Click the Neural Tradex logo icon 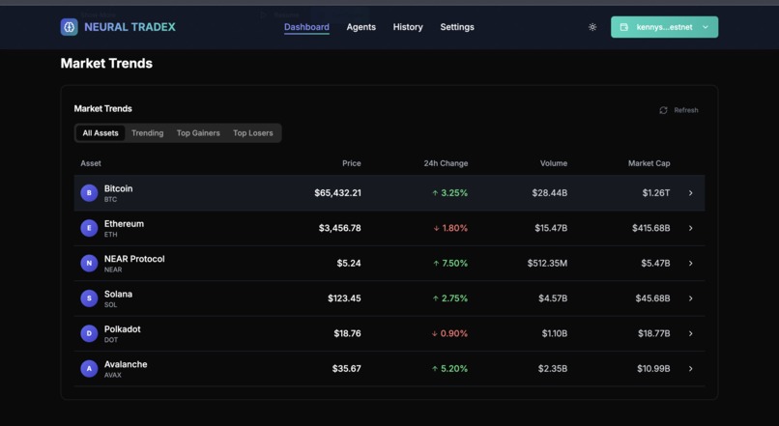[69, 27]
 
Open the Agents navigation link [361, 27]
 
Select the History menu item [408, 27]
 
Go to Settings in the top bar [457, 27]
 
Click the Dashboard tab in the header [306, 27]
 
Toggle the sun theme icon [592, 27]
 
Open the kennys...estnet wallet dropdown [664, 27]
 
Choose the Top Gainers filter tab [198, 133]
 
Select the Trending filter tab [148, 133]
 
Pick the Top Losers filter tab [253, 133]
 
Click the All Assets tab [101, 133]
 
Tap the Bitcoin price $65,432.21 [337, 193]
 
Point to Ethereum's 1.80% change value [453, 228]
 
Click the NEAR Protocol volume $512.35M [547, 264]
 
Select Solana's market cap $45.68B [652, 298]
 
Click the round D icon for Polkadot [89, 333]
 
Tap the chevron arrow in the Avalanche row [690, 369]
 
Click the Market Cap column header [649, 163]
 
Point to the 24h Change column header [446, 163]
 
